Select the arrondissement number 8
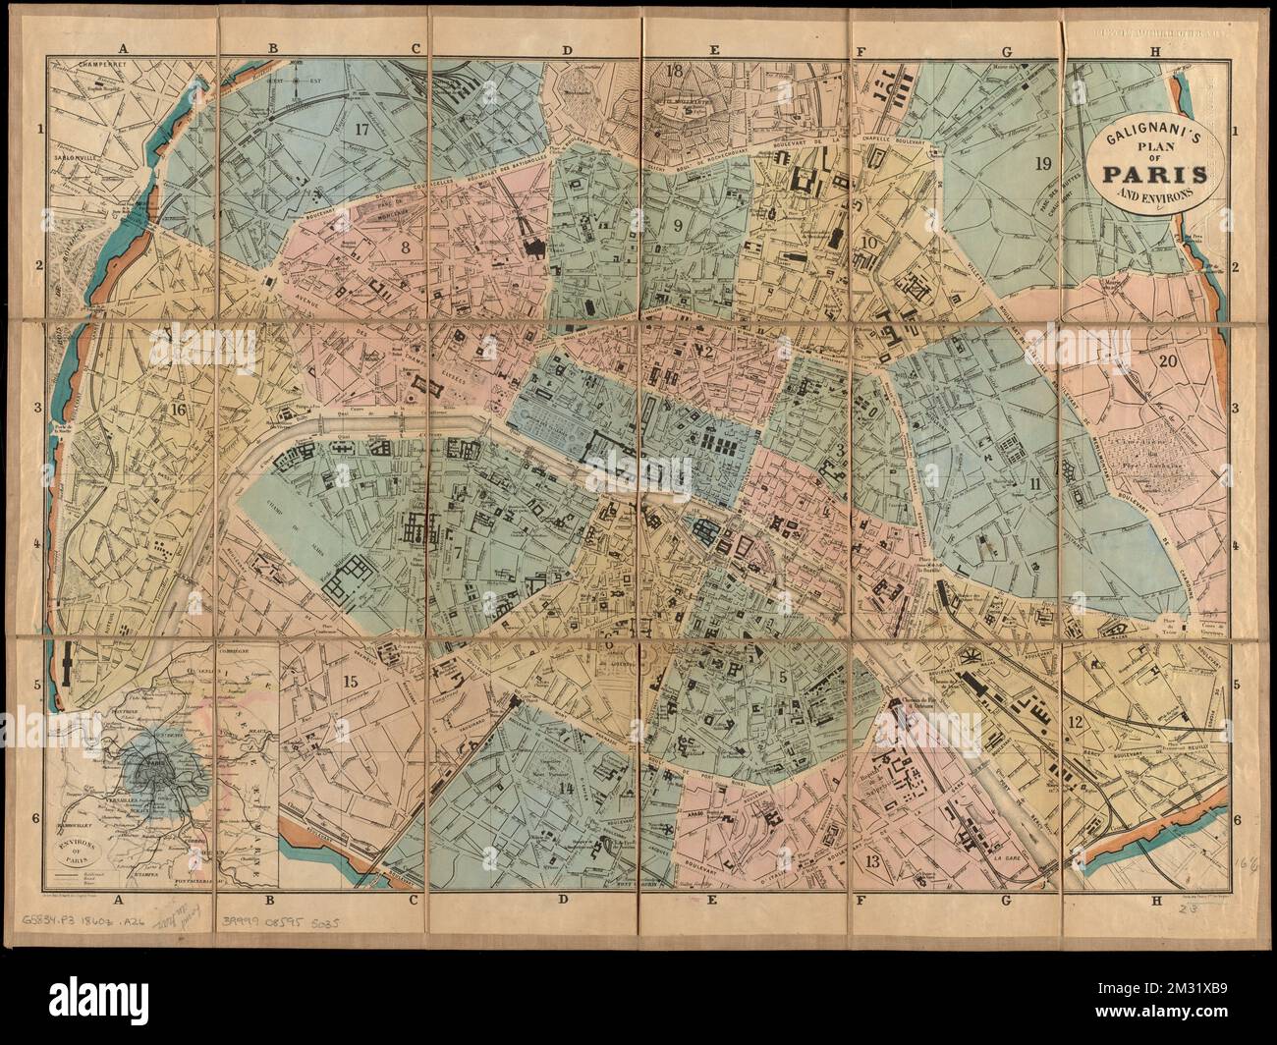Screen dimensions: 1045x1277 coord(405,248)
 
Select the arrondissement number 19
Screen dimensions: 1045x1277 coord(1043,164)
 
